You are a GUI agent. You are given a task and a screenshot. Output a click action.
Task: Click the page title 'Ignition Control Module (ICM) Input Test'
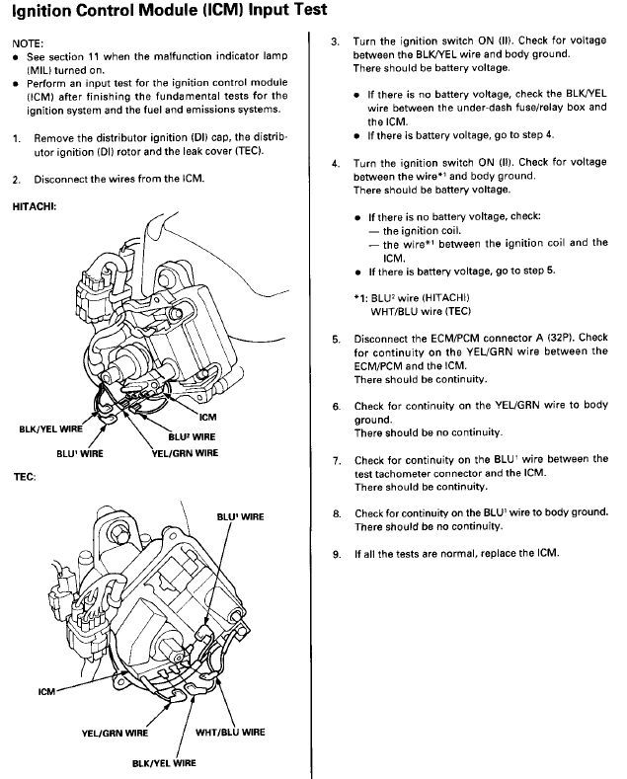click(170, 11)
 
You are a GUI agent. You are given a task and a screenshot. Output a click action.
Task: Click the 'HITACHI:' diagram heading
click(34, 206)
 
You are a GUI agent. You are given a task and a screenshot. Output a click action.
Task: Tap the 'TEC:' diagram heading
click(25, 477)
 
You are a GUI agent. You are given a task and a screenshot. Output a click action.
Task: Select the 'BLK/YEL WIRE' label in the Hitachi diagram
click(50, 428)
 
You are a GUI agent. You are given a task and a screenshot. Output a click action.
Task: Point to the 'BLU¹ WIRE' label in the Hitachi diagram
click(80, 453)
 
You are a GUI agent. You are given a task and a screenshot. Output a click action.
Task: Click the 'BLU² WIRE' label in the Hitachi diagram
click(192, 436)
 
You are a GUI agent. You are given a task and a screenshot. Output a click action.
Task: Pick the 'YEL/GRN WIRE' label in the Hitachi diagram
click(185, 453)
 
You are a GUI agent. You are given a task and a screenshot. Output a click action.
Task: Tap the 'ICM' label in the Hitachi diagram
click(207, 417)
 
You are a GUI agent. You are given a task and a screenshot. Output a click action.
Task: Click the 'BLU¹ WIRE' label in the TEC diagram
click(240, 516)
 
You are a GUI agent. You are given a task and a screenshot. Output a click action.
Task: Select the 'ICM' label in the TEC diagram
click(46, 691)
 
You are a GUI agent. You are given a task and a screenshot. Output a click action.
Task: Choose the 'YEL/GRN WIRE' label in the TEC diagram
click(115, 733)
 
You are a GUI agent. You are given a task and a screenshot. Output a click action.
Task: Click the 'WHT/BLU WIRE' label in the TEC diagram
click(230, 732)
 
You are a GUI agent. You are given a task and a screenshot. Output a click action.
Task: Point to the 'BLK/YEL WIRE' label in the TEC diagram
click(164, 762)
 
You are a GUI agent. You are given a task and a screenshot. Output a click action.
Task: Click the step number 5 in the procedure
click(337, 340)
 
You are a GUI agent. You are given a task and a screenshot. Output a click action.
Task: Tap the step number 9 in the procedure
click(337, 554)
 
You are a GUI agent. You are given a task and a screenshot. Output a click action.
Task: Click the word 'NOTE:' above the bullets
click(28, 43)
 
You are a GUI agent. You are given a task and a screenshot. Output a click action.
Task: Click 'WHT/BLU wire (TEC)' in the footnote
click(421, 311)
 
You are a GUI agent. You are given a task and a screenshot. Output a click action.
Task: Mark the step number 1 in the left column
click(17, 138)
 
